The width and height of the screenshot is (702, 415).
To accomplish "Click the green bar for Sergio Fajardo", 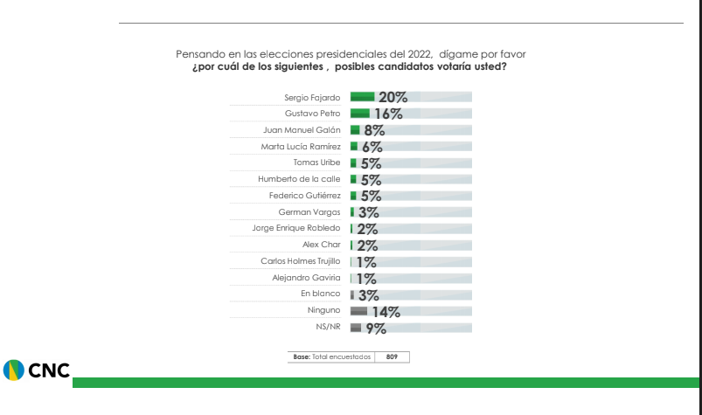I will (x=362, y=96).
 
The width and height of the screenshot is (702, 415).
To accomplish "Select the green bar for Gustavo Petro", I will (x=359, y=113).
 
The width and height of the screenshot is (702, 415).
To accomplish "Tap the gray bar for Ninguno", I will (x=358, y=310).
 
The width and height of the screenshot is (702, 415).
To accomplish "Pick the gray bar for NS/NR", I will (x=355, y=327).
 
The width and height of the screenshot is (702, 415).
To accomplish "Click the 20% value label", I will (x=393, y=97).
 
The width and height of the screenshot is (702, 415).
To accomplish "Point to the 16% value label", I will (x=387, y=114).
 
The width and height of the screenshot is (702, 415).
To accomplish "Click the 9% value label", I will (x=376, y=328).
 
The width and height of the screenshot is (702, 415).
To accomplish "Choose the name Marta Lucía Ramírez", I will (x=301, y=146).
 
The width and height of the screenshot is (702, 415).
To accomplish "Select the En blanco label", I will (x=320, y=294).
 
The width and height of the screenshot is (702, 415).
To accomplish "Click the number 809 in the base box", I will (x=392, y=356).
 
